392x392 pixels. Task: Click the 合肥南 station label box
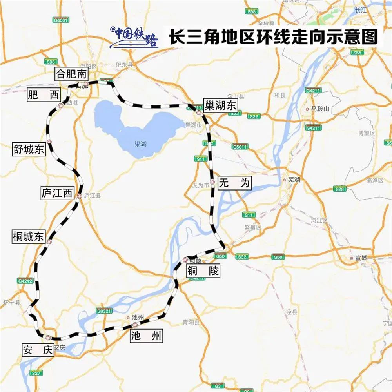(71, 74)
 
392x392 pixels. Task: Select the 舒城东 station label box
(29, 150)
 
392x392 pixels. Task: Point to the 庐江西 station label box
(58, 193)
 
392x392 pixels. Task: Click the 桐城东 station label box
(29, 237)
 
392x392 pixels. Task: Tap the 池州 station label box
(145, 336)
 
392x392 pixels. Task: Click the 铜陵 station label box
(203, 270)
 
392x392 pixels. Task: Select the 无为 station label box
(234, 183)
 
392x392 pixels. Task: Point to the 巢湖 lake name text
(140, 144)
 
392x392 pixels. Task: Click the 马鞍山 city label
(319, 109)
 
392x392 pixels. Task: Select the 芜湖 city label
(294, 180)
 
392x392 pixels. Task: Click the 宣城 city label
(361, 258)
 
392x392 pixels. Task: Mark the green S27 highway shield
(36, 373)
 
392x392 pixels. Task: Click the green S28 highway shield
(340, 189)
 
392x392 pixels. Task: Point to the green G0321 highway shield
(104, 311)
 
